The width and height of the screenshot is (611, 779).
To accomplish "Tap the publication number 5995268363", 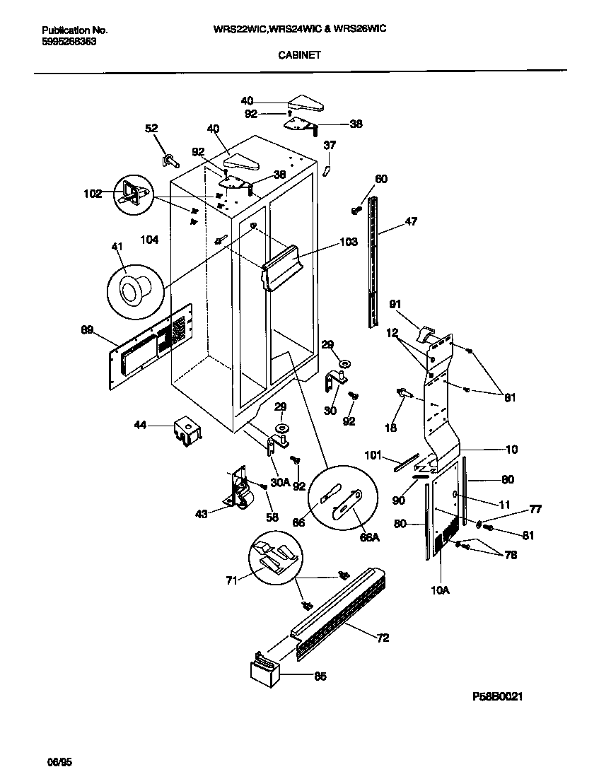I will click(69, 42).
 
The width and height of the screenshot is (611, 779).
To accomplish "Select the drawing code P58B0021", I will click(498, 696).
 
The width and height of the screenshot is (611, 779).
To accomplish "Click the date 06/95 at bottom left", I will click(59, 763).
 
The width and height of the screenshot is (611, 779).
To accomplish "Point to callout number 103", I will click(349, 242).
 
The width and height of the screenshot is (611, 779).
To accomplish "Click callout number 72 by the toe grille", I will click(383, 639).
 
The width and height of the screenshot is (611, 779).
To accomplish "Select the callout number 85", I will click(320, 676).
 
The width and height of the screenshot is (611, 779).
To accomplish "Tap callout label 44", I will click(141, 425).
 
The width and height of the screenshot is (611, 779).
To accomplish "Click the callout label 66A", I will click(370, 537).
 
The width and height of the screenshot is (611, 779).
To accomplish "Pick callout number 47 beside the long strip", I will click(410, 221).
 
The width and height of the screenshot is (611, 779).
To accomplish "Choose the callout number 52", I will click(151, 128).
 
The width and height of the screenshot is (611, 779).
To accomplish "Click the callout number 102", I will click(93, 192).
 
